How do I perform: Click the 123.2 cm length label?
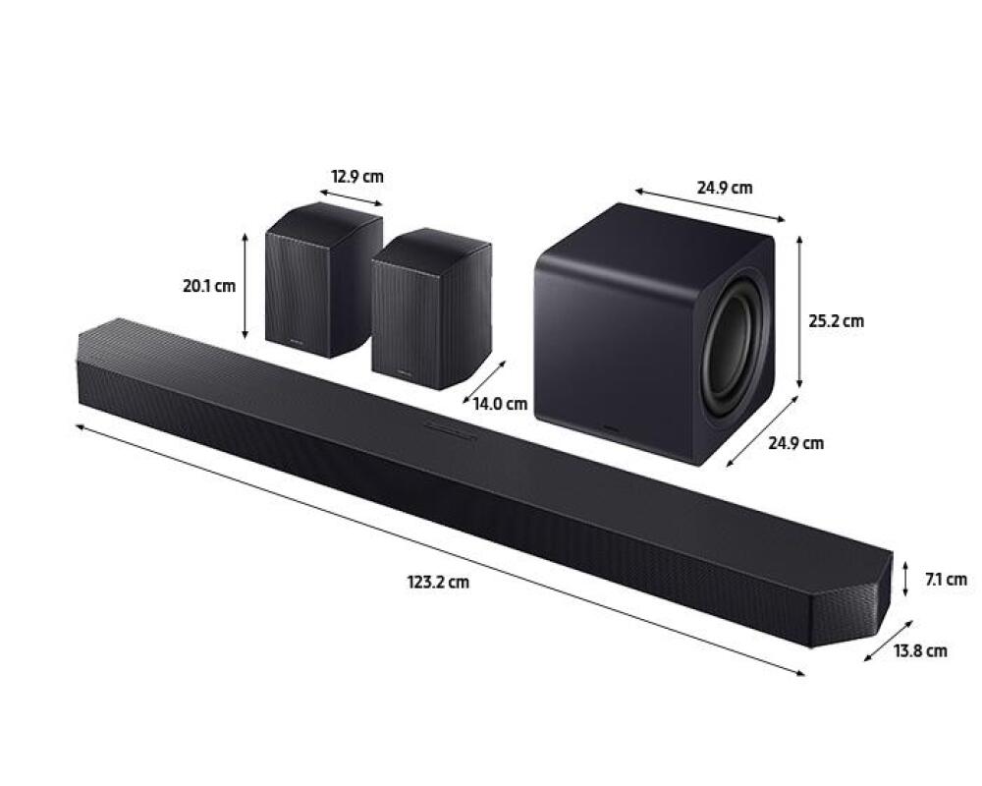(438, 583)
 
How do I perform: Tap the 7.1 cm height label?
(946, 580)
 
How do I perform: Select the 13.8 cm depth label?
(920, 650)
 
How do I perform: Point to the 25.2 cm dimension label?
(836, 321)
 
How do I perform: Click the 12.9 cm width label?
(357, 177)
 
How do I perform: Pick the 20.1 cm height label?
(209, 286)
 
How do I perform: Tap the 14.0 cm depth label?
(500, 404)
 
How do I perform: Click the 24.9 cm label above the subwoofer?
(725, 188)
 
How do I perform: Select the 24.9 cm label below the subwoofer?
(796, 443)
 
